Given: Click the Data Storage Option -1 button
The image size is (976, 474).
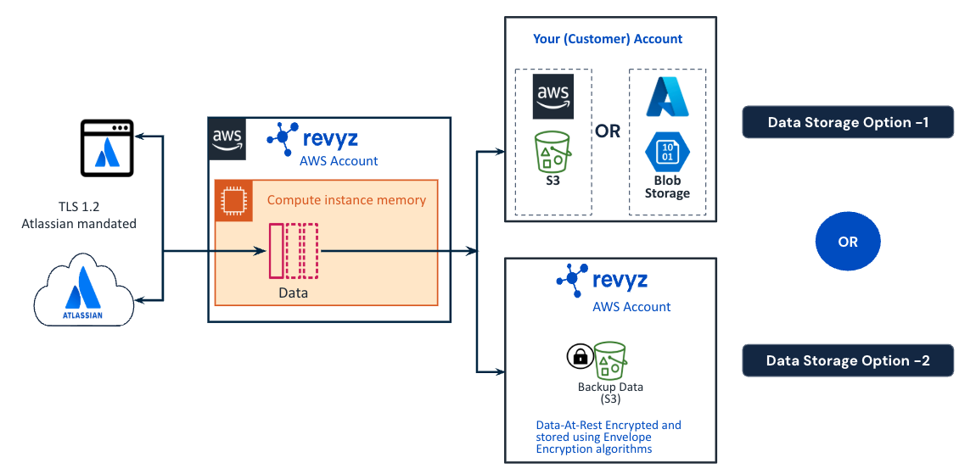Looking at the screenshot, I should coord(848,122).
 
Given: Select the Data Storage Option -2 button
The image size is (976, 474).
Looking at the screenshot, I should coord(848,360).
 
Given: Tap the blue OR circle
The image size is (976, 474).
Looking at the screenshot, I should coord(848,242).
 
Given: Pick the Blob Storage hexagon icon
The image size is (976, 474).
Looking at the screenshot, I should coord(667,153).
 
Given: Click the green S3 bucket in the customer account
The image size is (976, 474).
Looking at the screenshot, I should coord(553,153).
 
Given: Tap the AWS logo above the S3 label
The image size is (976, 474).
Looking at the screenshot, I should coord(553,97).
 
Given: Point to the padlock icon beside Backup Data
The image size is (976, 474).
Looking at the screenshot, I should coord(580,357).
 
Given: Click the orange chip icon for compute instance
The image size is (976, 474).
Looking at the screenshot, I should coord(229,199).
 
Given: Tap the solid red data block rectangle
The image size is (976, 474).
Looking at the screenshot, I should coord(276,251).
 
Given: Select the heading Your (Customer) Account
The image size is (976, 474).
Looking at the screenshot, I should coord(608,39).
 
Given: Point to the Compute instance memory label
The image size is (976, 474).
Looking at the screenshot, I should coord(346,200).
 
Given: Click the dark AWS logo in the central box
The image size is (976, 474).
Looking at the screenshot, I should coord(227,136).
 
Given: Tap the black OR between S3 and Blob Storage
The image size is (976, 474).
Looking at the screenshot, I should coord(608,131).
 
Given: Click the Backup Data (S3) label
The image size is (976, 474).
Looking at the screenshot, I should coord(610,393).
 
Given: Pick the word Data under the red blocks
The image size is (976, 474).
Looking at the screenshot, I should coord(293,293).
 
